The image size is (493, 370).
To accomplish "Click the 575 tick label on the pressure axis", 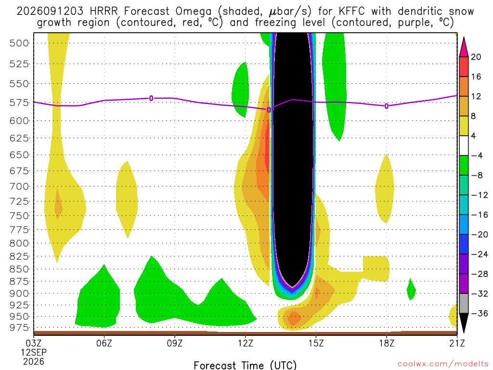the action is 19,103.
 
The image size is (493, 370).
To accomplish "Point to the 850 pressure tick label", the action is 19,269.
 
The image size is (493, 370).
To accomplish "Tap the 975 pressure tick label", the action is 19,328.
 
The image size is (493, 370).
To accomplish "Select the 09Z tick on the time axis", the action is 174,343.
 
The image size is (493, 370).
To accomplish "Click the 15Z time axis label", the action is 316,343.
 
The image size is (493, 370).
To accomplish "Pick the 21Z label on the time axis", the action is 457,343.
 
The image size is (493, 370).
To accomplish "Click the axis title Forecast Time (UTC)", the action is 245,365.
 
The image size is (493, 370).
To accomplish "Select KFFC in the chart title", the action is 352,11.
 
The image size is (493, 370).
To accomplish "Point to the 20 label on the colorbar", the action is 476,57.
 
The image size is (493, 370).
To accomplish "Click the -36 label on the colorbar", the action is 480,313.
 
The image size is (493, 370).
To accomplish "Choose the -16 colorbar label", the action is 480,214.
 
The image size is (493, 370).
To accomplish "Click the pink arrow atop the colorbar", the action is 464,47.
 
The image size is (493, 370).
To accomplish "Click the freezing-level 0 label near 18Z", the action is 387,106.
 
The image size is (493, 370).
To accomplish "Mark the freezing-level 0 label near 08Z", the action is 151,98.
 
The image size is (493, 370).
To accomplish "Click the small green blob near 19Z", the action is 411,290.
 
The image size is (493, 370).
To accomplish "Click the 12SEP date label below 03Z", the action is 34,352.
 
